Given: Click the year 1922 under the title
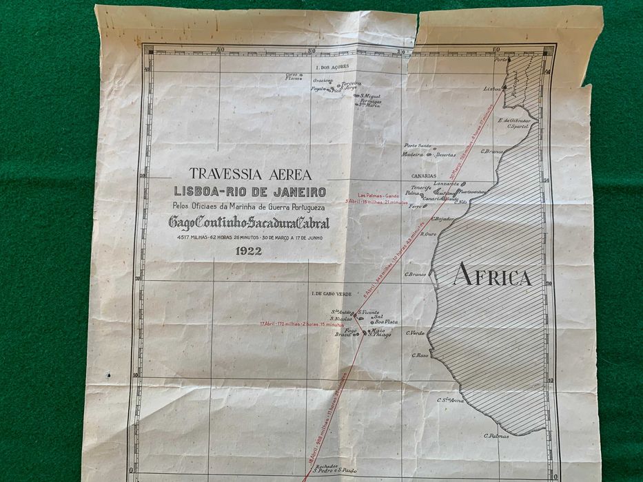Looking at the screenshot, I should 248,251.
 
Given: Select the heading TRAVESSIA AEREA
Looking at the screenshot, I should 250,175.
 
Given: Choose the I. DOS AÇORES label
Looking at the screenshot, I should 332,67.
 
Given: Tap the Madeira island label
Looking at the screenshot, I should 413,154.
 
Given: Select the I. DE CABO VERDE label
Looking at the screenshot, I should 331,294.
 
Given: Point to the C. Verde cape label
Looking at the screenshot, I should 416,333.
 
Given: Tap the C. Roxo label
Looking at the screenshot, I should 420,355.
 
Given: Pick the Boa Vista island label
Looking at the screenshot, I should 386,322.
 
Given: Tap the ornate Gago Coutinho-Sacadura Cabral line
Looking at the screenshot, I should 249,223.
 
